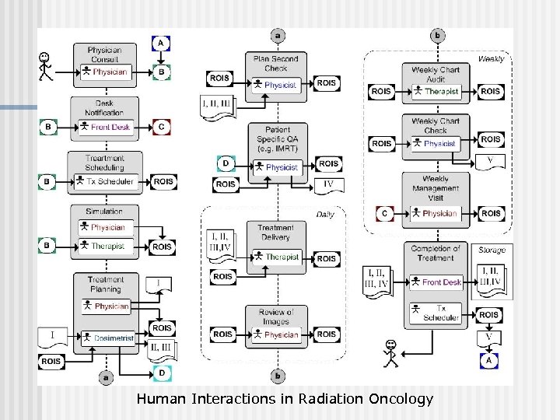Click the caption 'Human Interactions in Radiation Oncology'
pyautogui.click(x=284, y=399)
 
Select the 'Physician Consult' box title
pyautogui.click(x=105, y=54)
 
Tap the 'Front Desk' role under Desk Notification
pyautogui.click(x=110, y=127)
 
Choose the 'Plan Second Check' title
pyautogui.click(x=275, y=63)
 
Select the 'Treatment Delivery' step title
pyautogui.click(x=275, y=232)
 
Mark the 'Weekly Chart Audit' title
pyautogui.click(x=436, y=74)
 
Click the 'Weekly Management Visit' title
pyautogui.click(x=436, y=188)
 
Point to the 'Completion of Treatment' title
pyautogui.click(x=436, y=254)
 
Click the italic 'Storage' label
pyautogui.click(x=492, y=250)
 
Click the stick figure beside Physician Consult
pyautogui.click(x=46, y=66)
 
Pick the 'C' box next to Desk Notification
pyautogui.click(x=161, y=126)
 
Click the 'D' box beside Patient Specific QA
pyautogui.click(x=226, y=163)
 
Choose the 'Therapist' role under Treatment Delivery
pyautogui.click(x=281, y=257)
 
